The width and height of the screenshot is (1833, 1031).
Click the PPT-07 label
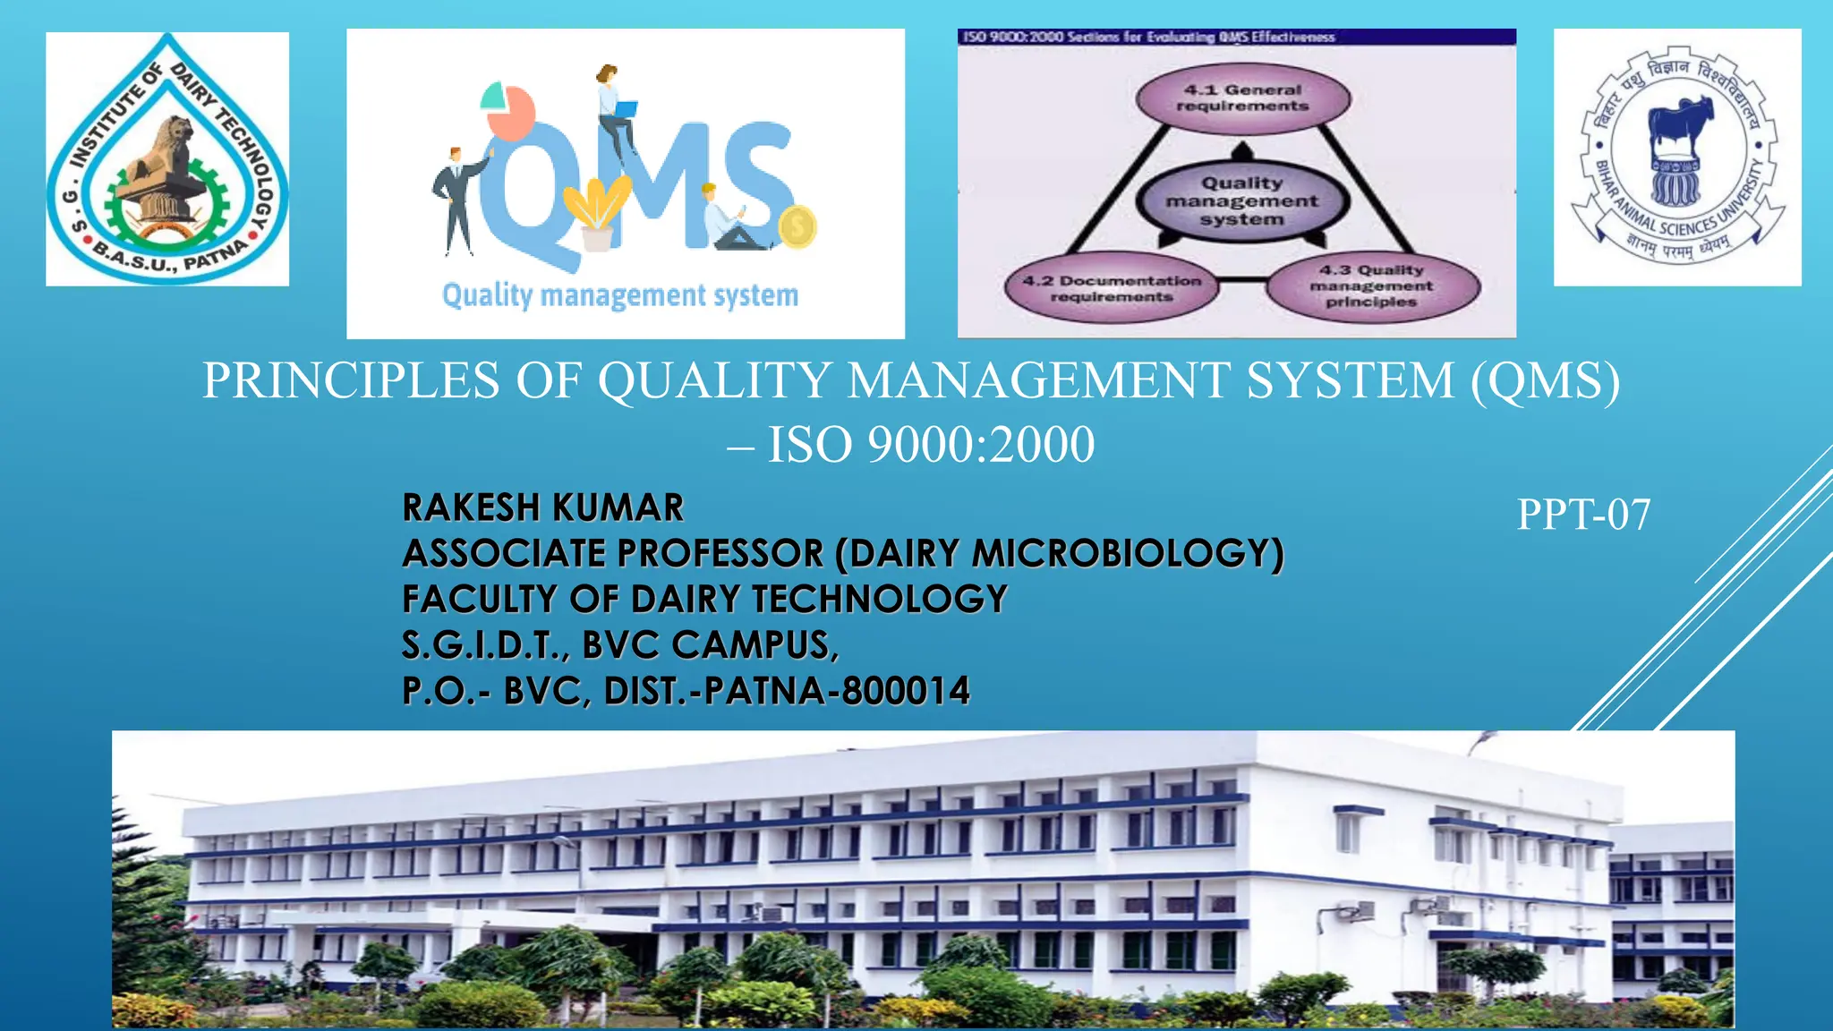pos(1582,515)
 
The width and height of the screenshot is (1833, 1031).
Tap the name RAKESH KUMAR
pos(542,507)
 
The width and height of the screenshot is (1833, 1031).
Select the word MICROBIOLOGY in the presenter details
pos(1127,553)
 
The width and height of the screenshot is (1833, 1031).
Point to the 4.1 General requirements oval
pos(1242,98)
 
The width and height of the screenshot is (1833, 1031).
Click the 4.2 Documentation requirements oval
pos(1112,288)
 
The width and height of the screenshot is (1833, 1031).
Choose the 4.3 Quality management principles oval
pos(1371,286)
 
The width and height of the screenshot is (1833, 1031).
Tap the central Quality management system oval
pos(1241,201)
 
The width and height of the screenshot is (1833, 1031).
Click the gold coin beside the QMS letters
pos(797,226)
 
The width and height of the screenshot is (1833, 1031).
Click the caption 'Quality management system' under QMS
pos(620,295)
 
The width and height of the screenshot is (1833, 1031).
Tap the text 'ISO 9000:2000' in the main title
pos(931,445)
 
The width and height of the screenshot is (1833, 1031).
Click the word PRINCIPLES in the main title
pos(351,380)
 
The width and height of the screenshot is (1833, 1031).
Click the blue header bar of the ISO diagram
pos(1236,37)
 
